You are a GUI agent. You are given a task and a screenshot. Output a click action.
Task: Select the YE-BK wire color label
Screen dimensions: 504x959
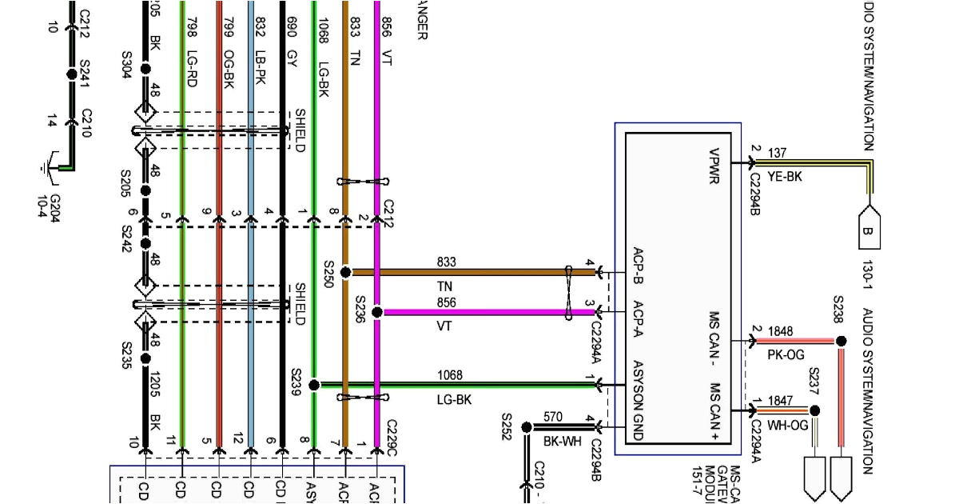click(x=784, y=177)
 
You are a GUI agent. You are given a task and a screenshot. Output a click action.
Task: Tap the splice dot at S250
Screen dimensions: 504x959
click(x=345, y=273)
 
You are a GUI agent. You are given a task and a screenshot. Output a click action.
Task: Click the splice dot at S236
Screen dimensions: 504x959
click(x=377, y=312)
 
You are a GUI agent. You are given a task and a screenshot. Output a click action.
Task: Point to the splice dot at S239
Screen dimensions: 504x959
click(x=314, y=385)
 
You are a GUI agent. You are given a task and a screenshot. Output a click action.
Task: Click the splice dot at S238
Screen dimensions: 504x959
click(x=840, y=341)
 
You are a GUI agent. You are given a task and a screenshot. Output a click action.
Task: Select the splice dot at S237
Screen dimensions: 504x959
click(x=814, y=410)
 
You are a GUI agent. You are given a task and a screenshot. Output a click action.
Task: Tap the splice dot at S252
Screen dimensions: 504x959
click(x=527, y=427)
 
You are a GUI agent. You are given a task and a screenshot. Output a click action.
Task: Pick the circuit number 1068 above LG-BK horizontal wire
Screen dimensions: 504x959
click(x=449, y=375)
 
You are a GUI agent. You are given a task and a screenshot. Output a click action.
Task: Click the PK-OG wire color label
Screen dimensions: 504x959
click(x=786, y=354)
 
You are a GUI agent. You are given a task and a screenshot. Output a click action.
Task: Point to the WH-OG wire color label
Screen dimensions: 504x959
click(x=787, y=426)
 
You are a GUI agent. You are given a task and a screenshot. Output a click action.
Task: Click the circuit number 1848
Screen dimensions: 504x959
click(x=781, y=331)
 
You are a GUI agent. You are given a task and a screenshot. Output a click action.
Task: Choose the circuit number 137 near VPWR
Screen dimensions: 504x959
click(x=777, y=153)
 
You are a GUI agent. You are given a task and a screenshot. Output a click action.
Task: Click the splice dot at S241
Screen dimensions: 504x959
click(x=70, y=74)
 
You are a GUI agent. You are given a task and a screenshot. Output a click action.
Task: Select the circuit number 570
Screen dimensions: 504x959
click(x=552, y=417)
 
